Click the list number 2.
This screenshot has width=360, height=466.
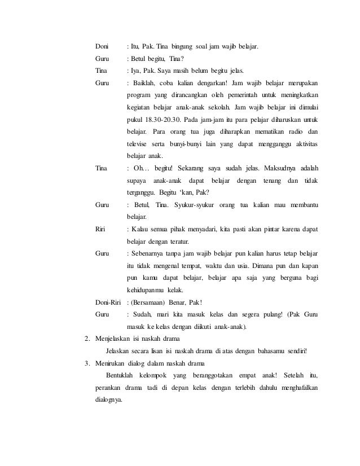click(x=86, y=339)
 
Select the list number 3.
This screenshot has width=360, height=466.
click(x=86, y=363)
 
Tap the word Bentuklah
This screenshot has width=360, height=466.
click(x=122, y=376)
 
